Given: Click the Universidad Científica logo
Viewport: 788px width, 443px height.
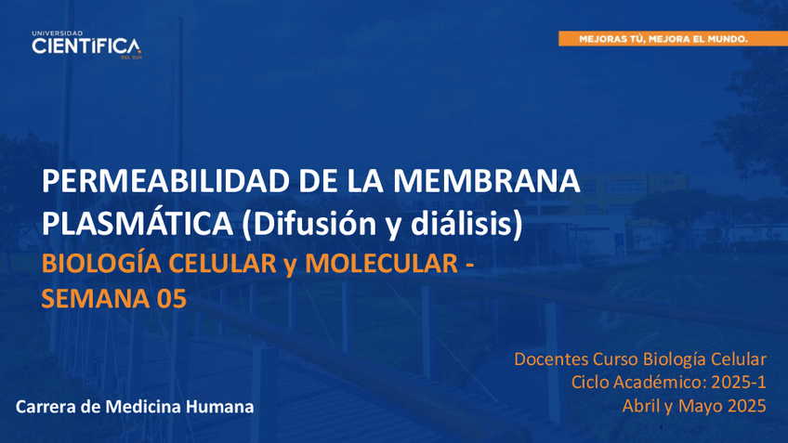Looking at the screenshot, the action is (x=87, y=46).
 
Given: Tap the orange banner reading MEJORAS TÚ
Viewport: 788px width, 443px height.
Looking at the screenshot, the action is (x=673, y=39).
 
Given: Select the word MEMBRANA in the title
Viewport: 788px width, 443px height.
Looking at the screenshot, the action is (x=487, y=181).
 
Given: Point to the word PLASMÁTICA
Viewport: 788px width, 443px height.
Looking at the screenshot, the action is (x=138, y=224).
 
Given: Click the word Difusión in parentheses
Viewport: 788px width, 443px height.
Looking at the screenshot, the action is (x=309, y=224).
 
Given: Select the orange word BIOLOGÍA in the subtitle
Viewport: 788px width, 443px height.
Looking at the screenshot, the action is (x=102, y=263).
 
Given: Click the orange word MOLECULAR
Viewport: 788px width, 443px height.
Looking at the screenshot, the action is (x=381, y=263).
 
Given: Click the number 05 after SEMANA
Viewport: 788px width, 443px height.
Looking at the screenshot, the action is (x=172, y=298).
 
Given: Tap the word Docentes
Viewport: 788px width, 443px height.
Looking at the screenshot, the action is (x=551, y=359).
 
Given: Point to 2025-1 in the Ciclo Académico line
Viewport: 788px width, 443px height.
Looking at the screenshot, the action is (x=739, y=383).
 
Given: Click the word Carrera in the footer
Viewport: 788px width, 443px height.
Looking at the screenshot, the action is (x=46, y=407).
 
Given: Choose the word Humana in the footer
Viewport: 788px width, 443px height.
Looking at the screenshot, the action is (x=219, y=407).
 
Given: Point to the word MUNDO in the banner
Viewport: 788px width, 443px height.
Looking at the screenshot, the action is (x=728, y=39).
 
